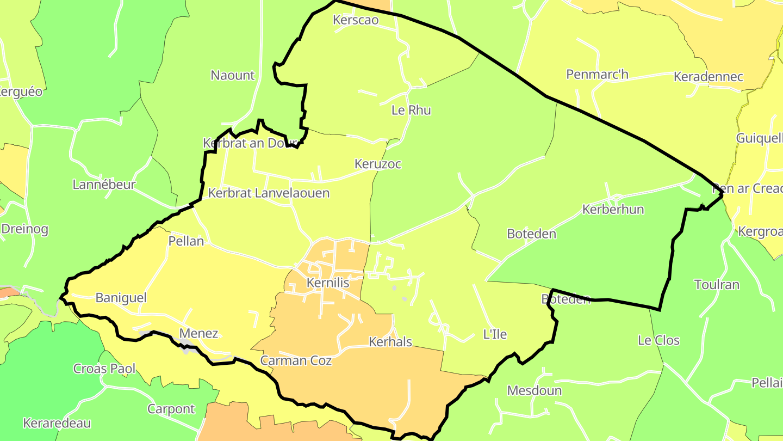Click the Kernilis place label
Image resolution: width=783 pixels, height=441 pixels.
[x=327, y=283]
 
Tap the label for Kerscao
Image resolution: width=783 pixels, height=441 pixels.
[x=355, y=20]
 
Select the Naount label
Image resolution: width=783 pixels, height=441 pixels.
[x=232, y=75]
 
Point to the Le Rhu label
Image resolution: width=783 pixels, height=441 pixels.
[x=411, y=110]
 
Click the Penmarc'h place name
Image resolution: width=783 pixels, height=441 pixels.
[x=597, y=74]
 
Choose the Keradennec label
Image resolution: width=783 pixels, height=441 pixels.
[x=708, y=76]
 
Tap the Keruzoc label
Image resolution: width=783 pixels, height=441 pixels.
[x=377, y=164]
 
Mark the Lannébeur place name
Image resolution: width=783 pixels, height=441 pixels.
[x=104, y=185]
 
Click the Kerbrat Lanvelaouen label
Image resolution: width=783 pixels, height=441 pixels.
[x=269, y=193]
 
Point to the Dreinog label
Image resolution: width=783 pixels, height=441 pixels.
[x=24, y=229]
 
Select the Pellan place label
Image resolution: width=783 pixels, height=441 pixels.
[x=186, y=241]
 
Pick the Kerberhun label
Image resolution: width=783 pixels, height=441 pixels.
[x=613, y=210]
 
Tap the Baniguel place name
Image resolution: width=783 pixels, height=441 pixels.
[x=121, y=298]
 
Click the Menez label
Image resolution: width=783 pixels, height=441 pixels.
[x=198, y=334]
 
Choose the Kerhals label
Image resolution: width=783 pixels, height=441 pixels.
[x=390, y=342]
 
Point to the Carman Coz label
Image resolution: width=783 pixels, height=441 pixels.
[x=296, y=360]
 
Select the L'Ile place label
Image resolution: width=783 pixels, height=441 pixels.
[x=495, y=334]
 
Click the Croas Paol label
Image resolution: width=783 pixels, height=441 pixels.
[x=104, y=369]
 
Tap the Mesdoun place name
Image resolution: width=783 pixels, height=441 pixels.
[x=534, y=390]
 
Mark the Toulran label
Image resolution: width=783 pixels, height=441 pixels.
[x=717, y=285]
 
